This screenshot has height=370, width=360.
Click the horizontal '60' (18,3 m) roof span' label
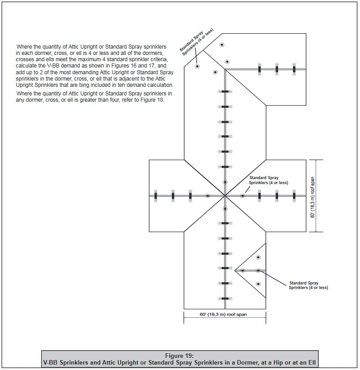click(224, 315)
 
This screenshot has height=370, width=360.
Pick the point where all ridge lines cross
click(225, 196)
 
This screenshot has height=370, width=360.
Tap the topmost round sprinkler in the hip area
click(221, 45)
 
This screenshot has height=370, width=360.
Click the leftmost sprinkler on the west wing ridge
click(156, 196)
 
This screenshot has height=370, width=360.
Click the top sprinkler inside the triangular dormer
click(258, 257)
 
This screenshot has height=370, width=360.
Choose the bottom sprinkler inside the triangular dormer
click(258, 284)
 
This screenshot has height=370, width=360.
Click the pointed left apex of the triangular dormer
click(235, 270)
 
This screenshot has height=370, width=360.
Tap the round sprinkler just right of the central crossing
click(243, 196)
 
